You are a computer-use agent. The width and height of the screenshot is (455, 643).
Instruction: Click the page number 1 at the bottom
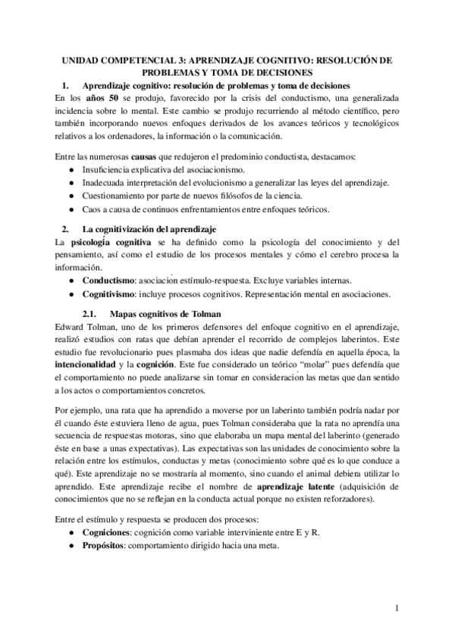tap(397, 607)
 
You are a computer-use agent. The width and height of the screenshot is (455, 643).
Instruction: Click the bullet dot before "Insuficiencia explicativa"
tap(71, 171)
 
